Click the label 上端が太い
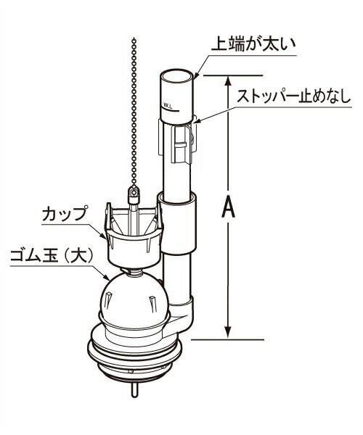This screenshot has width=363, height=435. coord(253,44)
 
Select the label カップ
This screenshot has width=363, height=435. coord(65,214)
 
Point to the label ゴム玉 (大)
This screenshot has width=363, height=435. coord(51,256)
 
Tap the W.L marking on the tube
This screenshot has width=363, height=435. coord(168,105)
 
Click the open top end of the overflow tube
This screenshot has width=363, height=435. coord(176,75)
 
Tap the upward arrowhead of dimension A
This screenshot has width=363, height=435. coord(228,81)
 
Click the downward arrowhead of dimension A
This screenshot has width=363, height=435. coord(228,332)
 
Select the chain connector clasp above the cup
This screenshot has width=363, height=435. coord(134,193)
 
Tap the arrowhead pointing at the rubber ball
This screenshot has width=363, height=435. coord(106,277)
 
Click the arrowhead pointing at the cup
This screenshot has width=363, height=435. coord(103,236)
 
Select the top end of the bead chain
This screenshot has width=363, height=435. coord(135,39)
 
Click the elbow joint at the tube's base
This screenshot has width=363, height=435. coord(181,313)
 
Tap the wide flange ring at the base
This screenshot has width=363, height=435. coord(134,351)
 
